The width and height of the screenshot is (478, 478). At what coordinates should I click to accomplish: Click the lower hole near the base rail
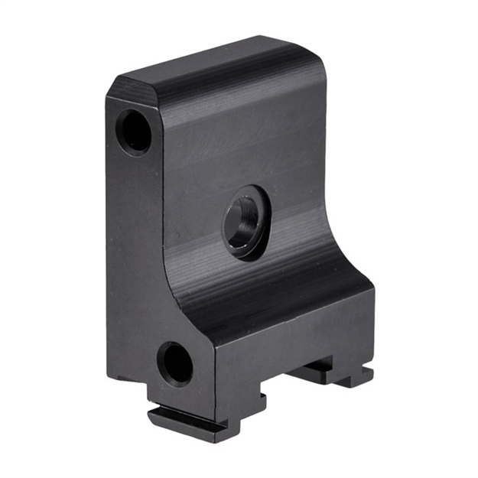[x=175, y=363]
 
